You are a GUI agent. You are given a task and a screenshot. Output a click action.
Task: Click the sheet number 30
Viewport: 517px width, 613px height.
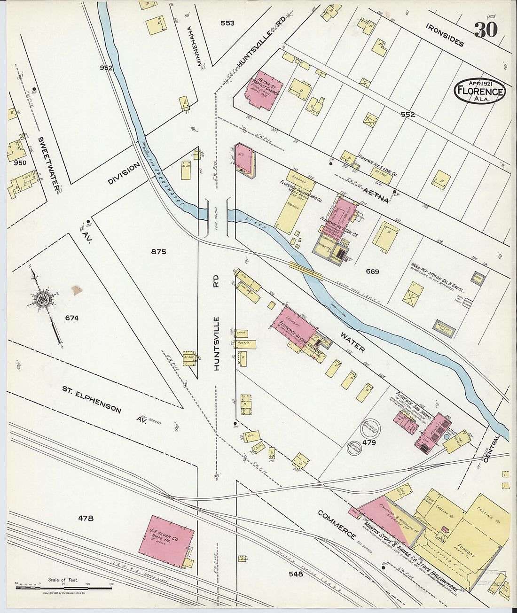[x=486, y=30]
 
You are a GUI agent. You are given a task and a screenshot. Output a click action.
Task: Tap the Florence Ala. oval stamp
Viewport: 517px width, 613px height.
[x=479, y=91]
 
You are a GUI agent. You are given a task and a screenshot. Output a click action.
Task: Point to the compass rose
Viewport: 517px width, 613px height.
[x=43, y=301]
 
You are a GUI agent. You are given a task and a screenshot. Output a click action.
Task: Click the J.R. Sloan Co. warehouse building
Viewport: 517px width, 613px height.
[x=166, y=536]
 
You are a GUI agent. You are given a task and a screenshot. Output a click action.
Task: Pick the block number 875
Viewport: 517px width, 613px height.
[x=158, y=252]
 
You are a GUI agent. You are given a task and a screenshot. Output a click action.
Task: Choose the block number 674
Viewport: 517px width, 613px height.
[x=72, y=318]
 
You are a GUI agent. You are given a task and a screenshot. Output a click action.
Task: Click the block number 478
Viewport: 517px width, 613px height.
[x=86, y=518]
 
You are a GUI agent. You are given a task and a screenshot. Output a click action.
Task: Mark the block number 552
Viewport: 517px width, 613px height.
[x=408, y=114]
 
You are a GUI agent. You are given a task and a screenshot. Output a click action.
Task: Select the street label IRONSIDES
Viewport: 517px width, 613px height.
[x=445, y=35]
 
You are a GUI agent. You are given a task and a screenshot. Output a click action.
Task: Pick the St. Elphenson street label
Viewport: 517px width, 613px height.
[x=92, y=399]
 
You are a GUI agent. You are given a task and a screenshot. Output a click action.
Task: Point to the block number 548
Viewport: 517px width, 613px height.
[x=296, y=574]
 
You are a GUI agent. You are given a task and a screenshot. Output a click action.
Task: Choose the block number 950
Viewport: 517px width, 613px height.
[x=20, y=163]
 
